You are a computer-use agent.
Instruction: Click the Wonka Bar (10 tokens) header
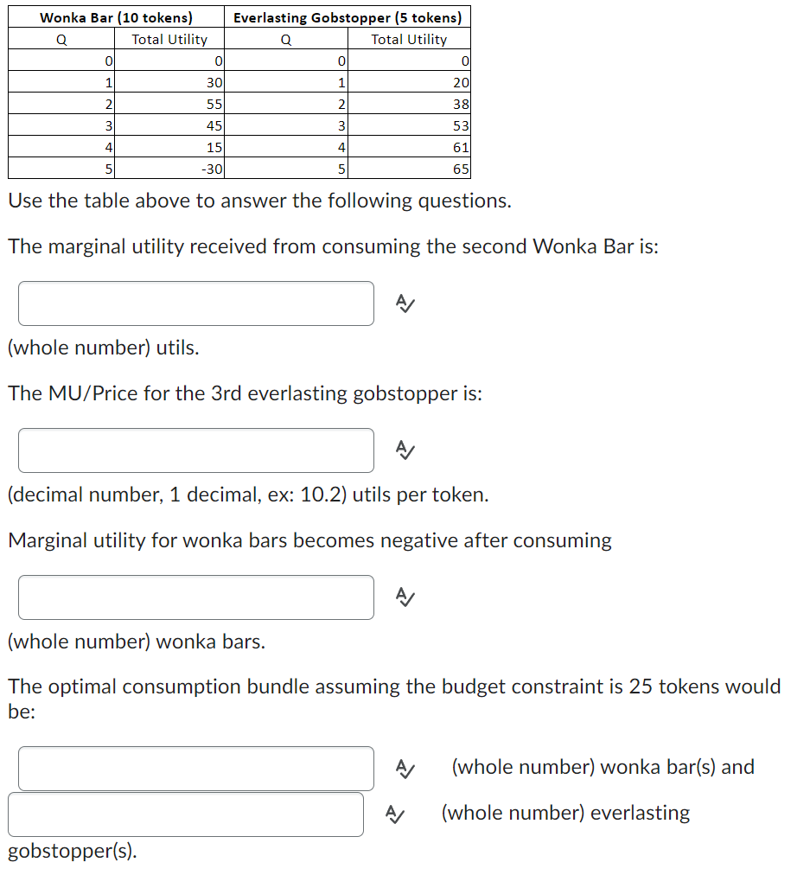pos(117,17)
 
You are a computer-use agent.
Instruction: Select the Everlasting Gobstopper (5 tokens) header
pos(348,17)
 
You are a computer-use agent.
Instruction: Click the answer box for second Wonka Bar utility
pos(196,303)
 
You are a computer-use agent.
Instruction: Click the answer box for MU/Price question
pos(196,450)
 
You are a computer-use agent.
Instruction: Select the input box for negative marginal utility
pos(196,597)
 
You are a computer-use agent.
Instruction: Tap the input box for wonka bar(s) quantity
pos(196,769)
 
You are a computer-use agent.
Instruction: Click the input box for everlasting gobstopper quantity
pos(186,814)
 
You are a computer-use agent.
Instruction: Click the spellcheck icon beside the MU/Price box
pos(405,450)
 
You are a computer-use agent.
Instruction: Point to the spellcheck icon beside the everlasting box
pos(394,814)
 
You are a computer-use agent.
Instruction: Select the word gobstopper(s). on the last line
pos(73,852)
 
